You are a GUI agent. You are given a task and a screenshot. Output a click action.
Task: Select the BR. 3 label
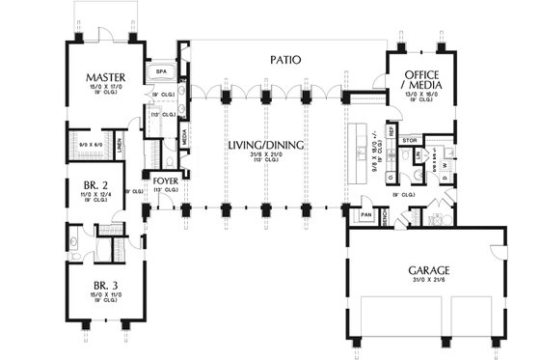98,286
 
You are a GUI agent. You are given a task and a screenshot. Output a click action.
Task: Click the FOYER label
165,180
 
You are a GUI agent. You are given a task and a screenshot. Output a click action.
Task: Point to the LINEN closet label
120,147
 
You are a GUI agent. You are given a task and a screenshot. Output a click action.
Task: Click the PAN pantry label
366,214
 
